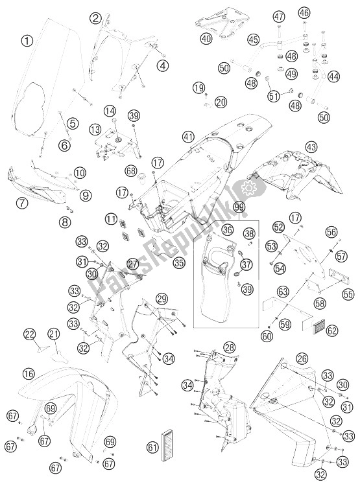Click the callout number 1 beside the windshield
tap(27, 41)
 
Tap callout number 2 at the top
tap(95, 18)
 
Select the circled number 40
tap(206, 38)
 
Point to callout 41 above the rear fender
tap(188, 137)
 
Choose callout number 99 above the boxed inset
tap(239, 208)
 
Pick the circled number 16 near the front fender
tap(29, 374)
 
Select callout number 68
tap(131, 170)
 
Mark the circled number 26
tap(302, 358)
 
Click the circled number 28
tap(230, 347)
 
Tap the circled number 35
tap(179, 263)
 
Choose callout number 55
tap(348, 294)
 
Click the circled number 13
tap(96, 129)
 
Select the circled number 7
tap(22, 203)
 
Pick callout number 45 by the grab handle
tap(253, 40)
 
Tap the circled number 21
tap(53, 334)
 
